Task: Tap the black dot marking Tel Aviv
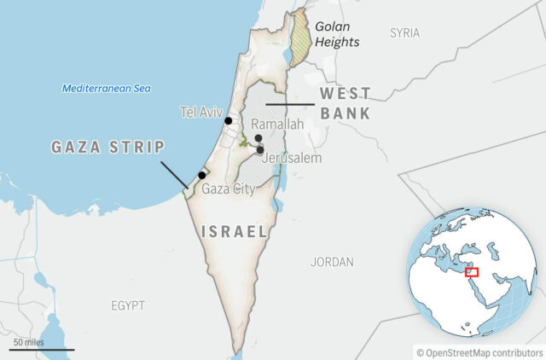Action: [x=229, y=121]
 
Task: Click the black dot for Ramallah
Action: [x=258, y=137]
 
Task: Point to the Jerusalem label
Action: [x=292, y=159]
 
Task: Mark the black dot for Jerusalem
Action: [x=260, y=149]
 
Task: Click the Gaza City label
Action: [x=228, y=189]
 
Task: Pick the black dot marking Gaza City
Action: [x=201, y=175]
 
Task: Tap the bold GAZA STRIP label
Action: [x=108, y=147]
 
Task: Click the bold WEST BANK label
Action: [x=345, y=102]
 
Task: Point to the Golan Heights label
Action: [x=337, y=34]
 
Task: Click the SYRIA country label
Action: [x=404, y=32]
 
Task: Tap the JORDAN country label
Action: [x=332, y=262]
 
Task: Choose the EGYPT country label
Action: [x=128, y=305]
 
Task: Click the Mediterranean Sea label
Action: [x=107, y=89]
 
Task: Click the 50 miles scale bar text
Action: [x=28, y=342]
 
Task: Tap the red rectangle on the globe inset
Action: [x=472, y=272]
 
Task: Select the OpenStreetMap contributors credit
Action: [x=479, y=351]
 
